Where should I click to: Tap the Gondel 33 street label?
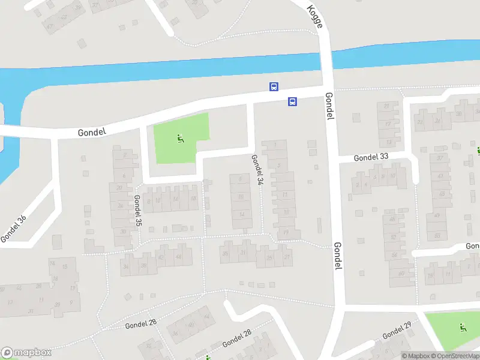[371, 157]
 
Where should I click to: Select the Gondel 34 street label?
[257, 169]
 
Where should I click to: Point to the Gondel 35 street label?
[138, 210]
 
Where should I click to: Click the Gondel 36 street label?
[14, 229]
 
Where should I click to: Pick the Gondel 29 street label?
[397, 331]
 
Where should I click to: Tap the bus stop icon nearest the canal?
[274, 87]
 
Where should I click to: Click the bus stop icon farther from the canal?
[293, 101]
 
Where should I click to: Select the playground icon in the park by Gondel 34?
[180, 139]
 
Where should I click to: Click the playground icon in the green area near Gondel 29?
[462, 328]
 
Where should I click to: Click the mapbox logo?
[26, 353]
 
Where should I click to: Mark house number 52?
[394, 237]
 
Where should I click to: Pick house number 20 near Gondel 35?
[120, 188]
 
